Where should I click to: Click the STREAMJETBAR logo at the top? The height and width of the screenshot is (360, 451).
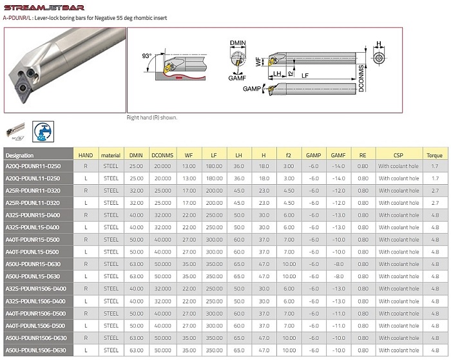coord(44,8)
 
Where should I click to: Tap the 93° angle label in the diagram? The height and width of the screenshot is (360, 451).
coord(147,56)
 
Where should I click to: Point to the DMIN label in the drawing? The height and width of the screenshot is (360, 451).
coord(238,43)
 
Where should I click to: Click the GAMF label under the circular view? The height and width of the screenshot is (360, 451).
coord(237,78)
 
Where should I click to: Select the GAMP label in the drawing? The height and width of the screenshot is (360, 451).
coord(252,89)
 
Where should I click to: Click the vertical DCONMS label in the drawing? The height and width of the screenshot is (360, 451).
coord(361,78)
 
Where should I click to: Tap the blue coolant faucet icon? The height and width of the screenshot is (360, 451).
coord(43,131)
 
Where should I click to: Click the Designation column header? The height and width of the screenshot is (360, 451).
coord(19,155)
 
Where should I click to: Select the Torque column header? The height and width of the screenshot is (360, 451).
coord(434,155)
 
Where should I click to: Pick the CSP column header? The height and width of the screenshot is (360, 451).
coord(398,155)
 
